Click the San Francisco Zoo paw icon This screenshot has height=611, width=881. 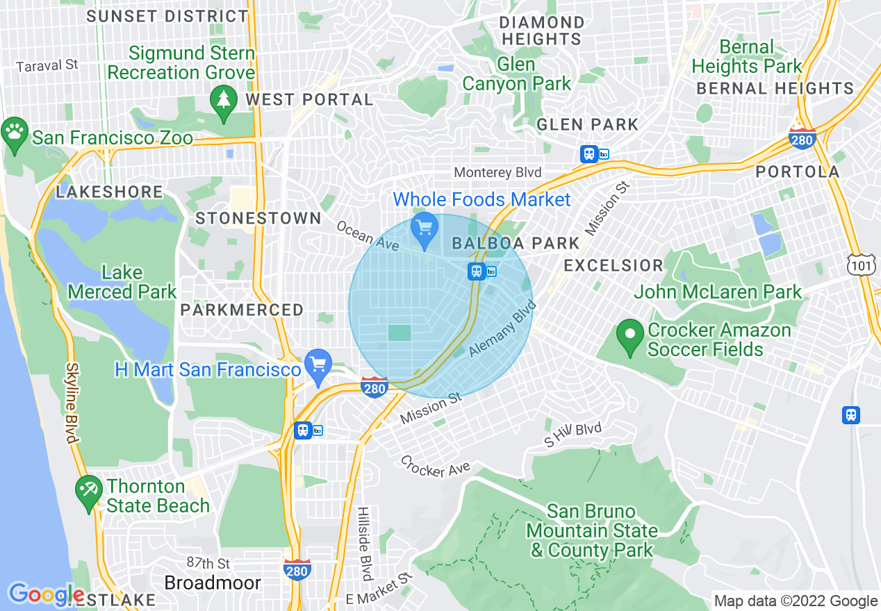point(15,130)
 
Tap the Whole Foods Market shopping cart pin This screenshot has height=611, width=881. point(424,228)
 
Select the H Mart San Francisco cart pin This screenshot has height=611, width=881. point(318,365)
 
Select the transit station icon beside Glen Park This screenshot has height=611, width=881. point(589,154)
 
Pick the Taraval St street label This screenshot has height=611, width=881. point(47,65)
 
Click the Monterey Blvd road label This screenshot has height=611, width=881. point(497,172)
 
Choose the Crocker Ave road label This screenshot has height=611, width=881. point(436,467)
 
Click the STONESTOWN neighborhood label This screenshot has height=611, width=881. point(258,218)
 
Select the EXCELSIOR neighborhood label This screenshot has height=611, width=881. point(613,265)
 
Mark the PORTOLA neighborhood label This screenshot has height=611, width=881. point(797,171)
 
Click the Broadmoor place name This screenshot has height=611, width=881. point(213,583)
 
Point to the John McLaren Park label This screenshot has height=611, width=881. point(718,292)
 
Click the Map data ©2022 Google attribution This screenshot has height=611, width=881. point(796,601)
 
